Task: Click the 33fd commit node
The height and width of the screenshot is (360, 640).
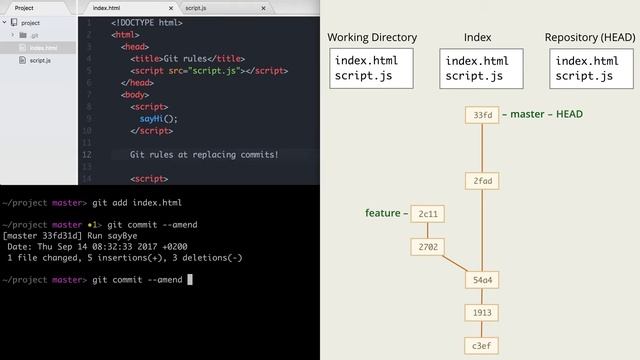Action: click(x=482, y=115)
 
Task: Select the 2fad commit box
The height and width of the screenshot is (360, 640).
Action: click(x=482, y=181)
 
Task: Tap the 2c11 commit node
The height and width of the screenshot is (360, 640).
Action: click(x=428, y=213)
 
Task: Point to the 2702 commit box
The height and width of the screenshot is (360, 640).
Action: click(x=428, y=246)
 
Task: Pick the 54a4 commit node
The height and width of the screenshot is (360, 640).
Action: click(x=482, y=279)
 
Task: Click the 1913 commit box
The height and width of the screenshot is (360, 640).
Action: click(x=482, y=313)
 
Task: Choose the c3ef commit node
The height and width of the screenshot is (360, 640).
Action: click(x=482, y=346)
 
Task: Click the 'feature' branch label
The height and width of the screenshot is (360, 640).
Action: click(x=383, y=213)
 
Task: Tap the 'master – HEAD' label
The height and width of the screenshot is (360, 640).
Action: click(x=546, y=114)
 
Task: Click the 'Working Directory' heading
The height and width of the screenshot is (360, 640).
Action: click(x=372, y=38)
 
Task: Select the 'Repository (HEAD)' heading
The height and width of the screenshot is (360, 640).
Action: click(x=590, y=38)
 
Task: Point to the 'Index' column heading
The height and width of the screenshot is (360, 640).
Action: click(x=477, y=38)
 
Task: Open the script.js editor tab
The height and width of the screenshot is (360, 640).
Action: click(x=195, y=7)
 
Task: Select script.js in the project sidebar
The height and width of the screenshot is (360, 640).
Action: click(x=40, y=60)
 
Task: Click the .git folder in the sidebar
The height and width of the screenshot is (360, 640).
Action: click(x=34, y=35)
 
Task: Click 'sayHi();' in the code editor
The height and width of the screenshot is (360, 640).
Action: click(x=158, y=118)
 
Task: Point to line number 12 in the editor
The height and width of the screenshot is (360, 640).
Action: click(x=89, y=155)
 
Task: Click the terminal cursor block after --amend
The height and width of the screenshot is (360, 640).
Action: click(x=190, y=280)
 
